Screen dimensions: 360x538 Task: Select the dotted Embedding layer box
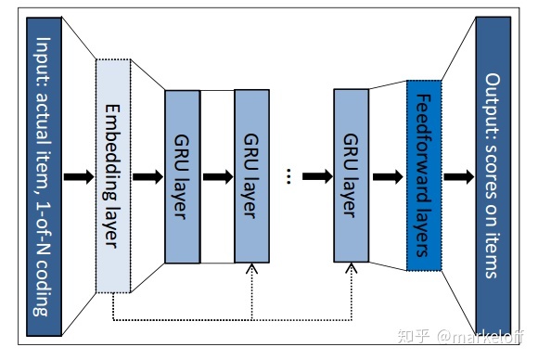click(x=112, y=176)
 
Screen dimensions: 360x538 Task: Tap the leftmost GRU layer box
click(x=182, y=176)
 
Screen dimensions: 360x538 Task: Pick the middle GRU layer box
click(x=251, y=176)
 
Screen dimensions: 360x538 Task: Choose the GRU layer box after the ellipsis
click(x=351, y=176)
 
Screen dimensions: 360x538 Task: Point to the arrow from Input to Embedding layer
click(x=80, y=176)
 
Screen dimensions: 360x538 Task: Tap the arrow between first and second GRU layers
click(x=217, y=176)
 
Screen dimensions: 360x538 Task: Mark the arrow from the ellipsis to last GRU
click(x=316, y=176)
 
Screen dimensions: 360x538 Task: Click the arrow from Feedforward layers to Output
click(x=455, y=176)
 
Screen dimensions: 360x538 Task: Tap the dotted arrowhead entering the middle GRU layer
click(x=251, y=270)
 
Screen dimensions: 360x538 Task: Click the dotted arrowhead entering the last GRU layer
click(x=351, y=270)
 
